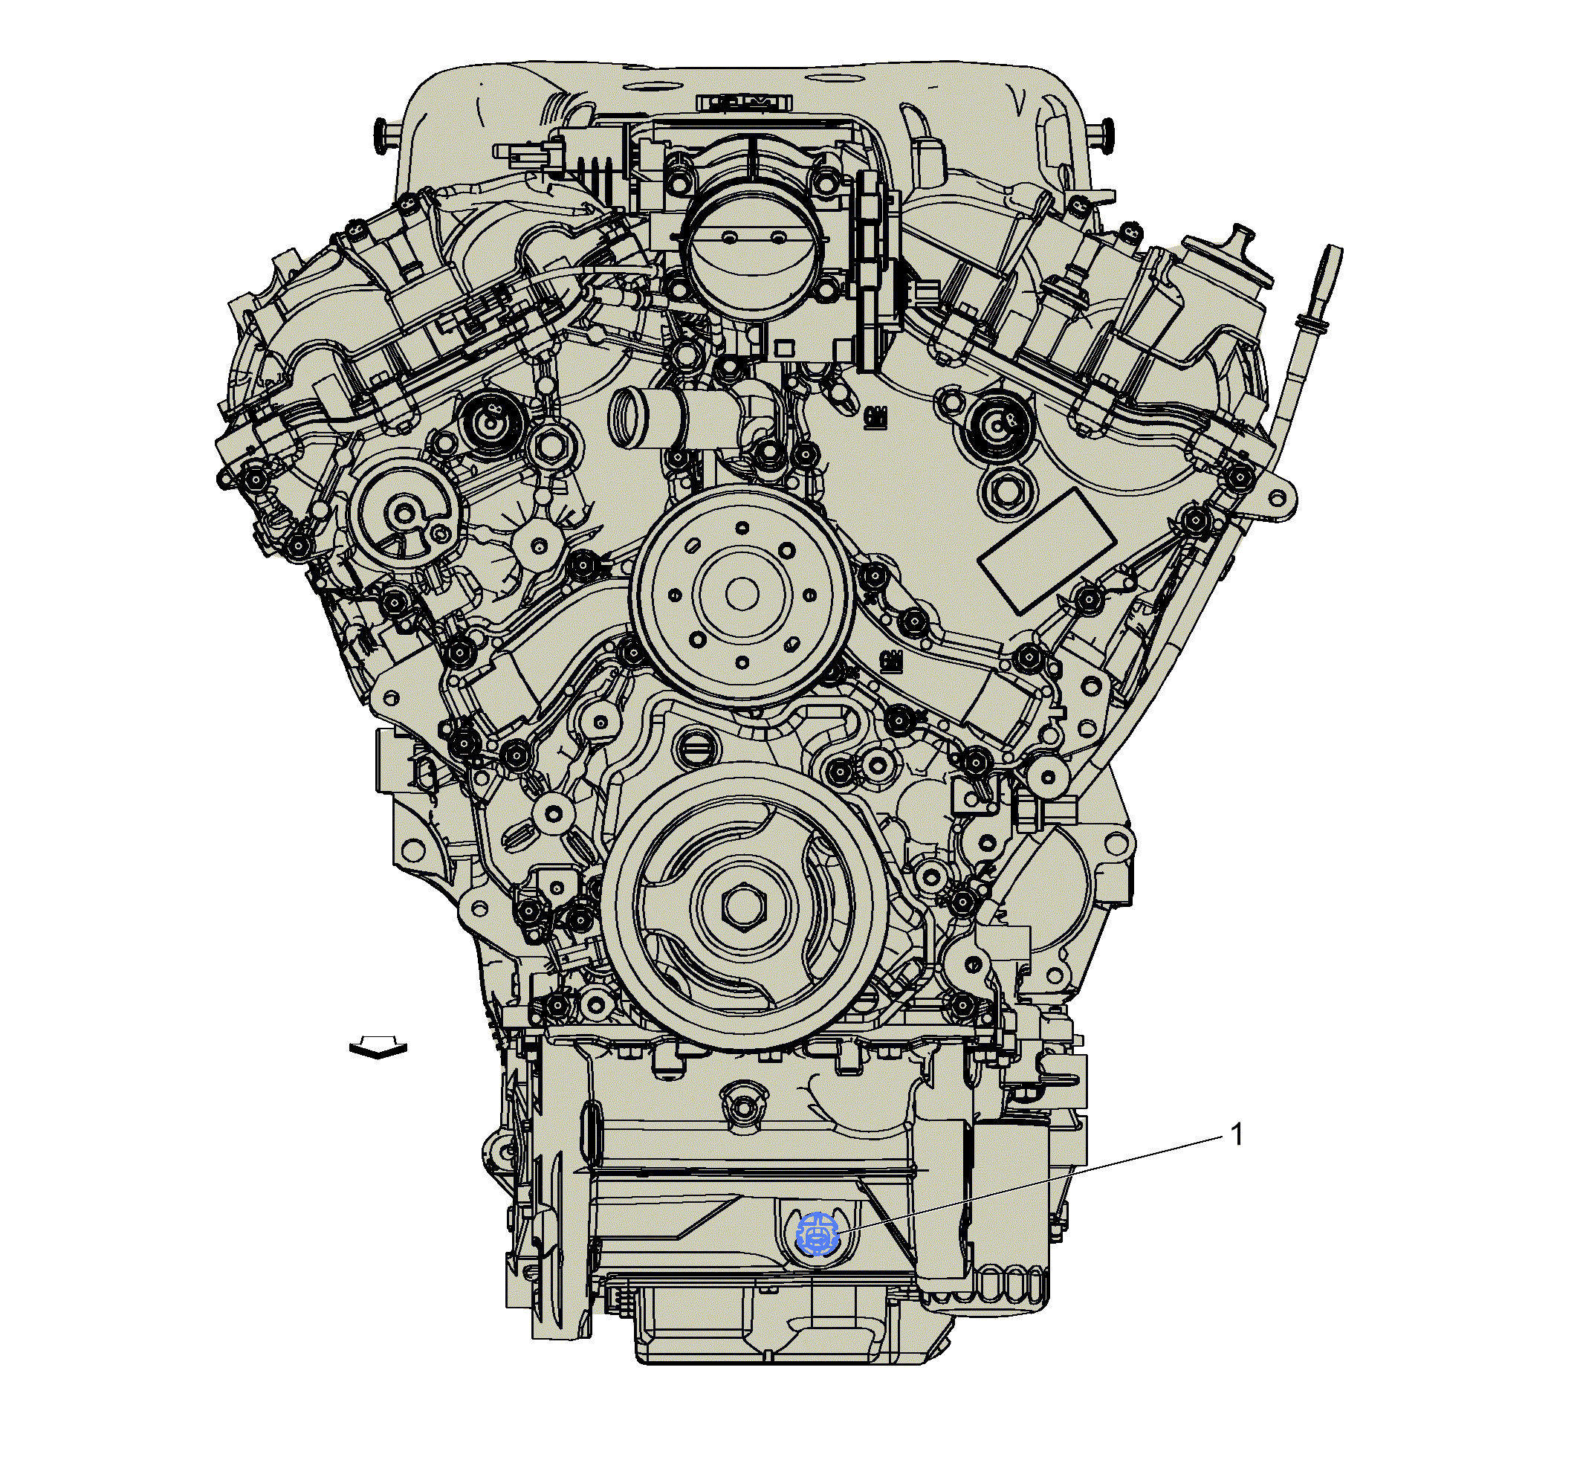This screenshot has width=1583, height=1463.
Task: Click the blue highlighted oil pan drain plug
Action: coord(818,1234)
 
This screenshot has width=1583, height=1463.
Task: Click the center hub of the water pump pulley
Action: coord(741,594)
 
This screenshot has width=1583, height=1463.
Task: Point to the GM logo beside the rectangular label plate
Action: coord(874,415)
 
